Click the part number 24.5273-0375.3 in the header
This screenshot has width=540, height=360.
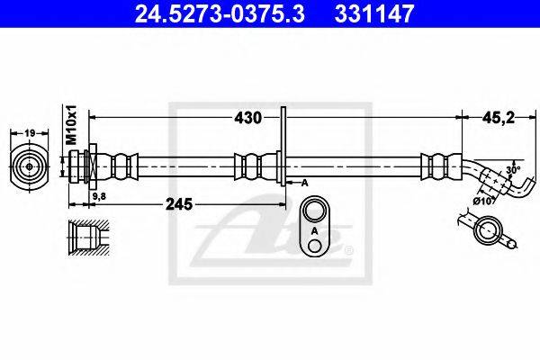pos(220,14)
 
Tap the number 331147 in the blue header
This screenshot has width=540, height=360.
pos(373,14)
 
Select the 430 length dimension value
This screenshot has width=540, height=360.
pos(247,118)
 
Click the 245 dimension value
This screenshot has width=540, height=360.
pos(179,204)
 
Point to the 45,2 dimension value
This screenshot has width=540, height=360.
pos(498,118)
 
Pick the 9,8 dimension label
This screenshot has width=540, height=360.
pos(100,196)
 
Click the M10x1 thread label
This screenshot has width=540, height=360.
pos(72,125)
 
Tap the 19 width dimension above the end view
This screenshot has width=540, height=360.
pos(30,132)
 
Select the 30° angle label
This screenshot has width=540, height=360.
pos(513,170)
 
